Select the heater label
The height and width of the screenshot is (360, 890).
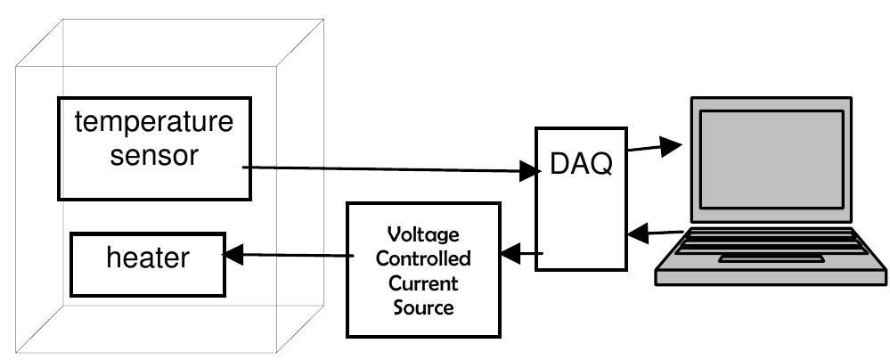tap(148, 258)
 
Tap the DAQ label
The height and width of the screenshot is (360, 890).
tap(580, 165)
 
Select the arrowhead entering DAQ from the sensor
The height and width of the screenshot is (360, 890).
tap(525, 170)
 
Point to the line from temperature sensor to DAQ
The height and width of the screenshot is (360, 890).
tap(383, 168)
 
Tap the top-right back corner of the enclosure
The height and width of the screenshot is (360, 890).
tap(323, 20)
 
